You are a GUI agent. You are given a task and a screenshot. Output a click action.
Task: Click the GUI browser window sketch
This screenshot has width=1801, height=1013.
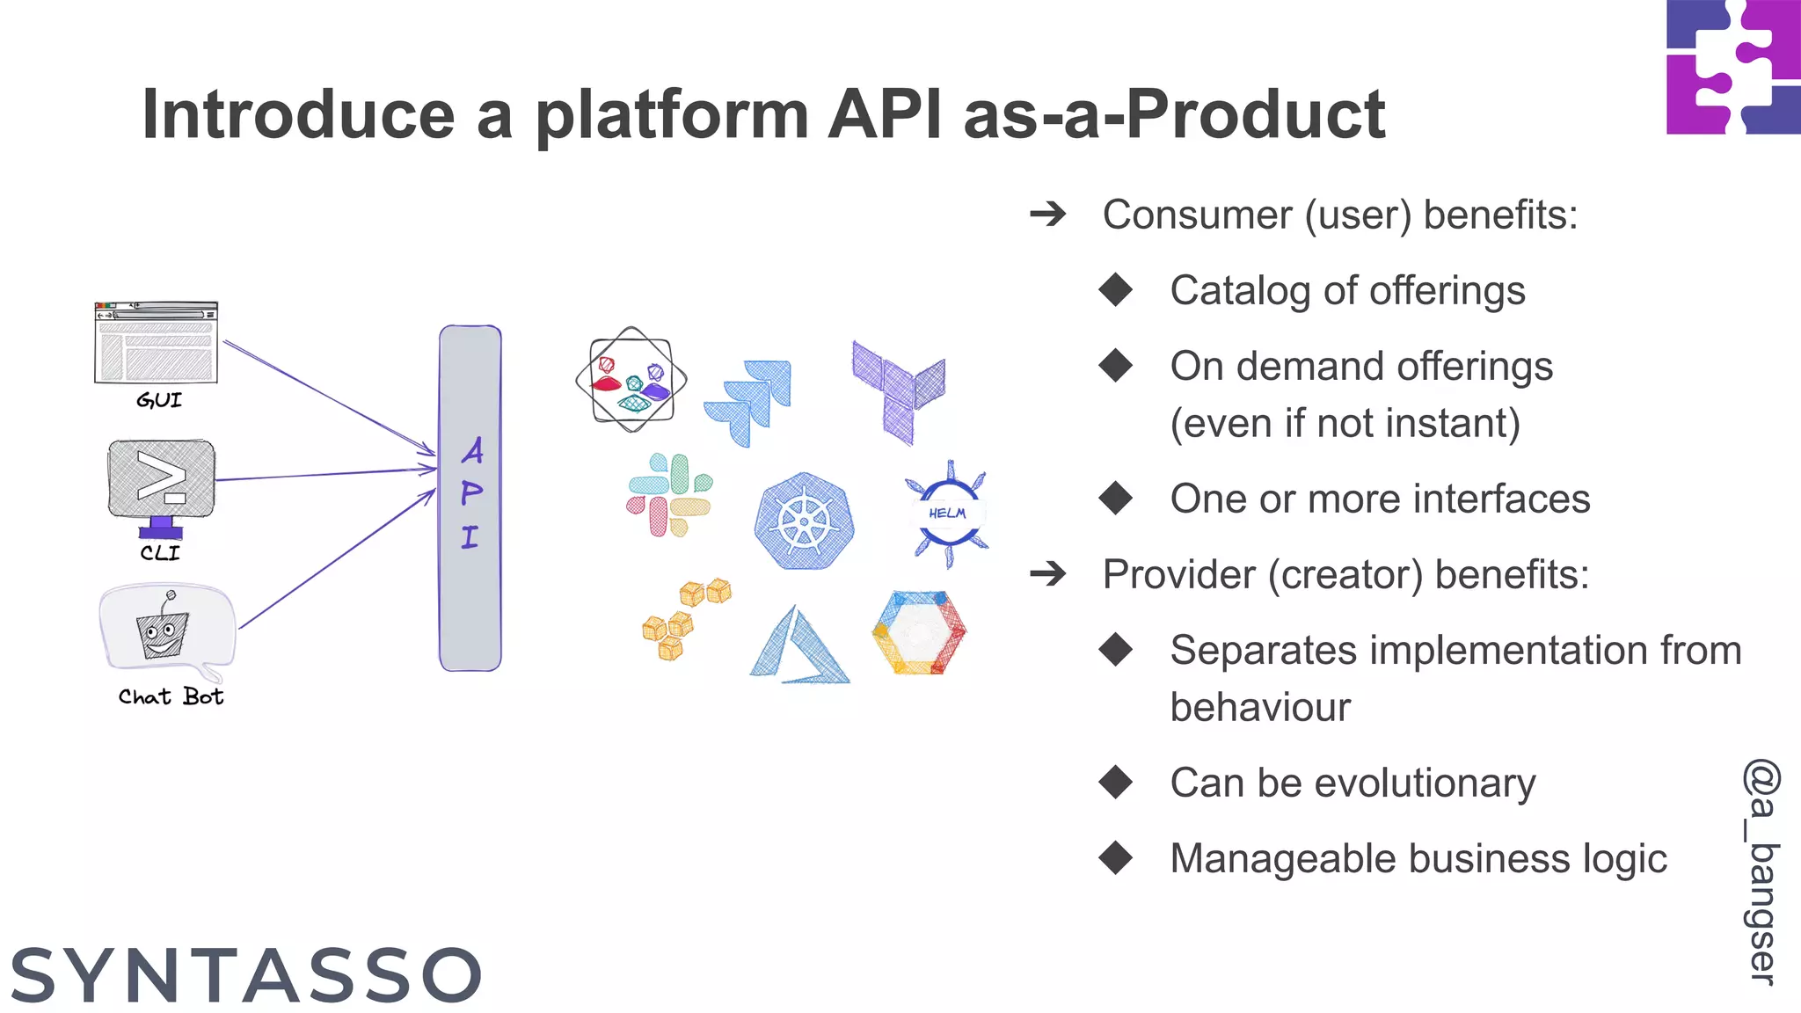coord(156,343)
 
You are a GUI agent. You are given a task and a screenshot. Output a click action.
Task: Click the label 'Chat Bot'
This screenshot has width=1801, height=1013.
coord(171,697)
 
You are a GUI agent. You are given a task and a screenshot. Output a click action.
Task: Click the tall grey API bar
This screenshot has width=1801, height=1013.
coord(470,498)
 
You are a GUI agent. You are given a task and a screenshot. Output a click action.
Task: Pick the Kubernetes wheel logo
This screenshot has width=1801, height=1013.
coord(804,521)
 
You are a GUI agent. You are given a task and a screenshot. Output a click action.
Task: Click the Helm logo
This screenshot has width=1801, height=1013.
coord(948,514)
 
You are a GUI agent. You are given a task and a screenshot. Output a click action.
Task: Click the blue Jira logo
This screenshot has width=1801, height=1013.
coord(749,401)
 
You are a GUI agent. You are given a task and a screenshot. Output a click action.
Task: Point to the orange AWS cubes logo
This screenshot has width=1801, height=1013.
coord(684,618)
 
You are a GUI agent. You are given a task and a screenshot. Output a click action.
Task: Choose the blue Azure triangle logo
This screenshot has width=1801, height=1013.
coord(798,646)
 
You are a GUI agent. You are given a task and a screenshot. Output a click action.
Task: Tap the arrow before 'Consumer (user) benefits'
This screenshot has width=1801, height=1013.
coord(1048,214)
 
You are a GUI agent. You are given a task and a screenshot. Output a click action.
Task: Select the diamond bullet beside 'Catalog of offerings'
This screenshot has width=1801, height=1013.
coord(1116,290)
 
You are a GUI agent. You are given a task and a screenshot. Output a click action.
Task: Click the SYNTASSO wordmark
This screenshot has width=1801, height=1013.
coord(246,975)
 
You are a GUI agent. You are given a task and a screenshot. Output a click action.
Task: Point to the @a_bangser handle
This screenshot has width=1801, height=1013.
coord(1761,871)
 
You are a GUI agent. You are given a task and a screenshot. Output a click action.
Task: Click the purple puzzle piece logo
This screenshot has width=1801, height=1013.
coord(1732,67)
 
